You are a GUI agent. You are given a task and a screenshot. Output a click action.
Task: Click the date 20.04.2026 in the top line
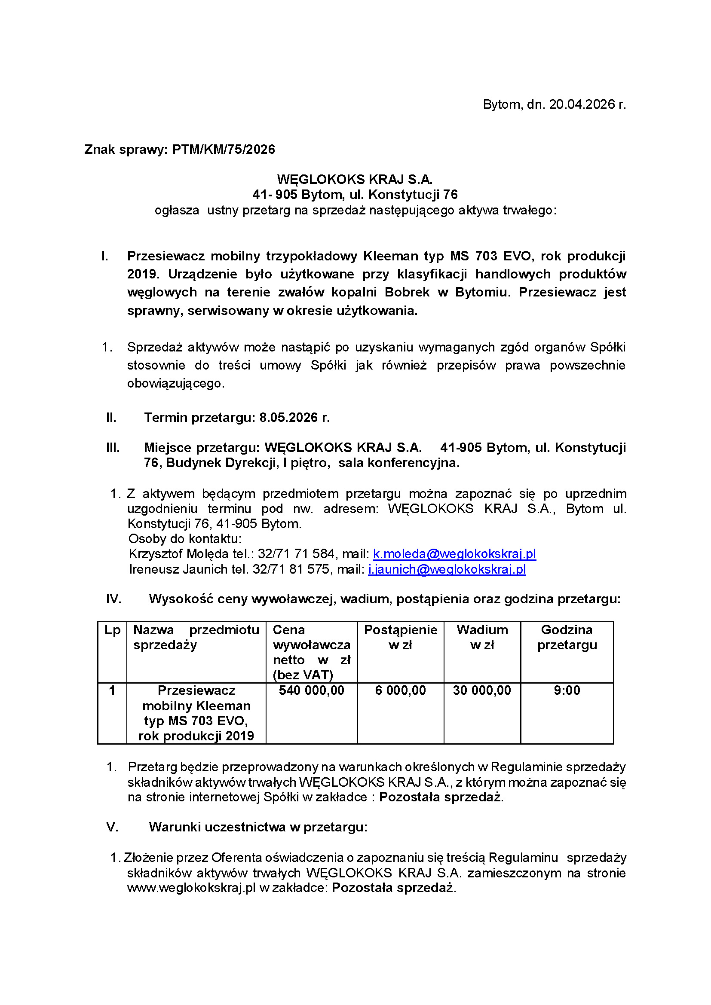[x=582, y=104]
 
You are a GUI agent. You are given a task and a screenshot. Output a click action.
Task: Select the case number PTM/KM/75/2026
[x=224, y=150]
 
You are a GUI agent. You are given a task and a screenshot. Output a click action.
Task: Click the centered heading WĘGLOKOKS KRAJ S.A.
[x=355, y=180]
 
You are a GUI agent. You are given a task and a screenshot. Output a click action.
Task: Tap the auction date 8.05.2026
[x=289, y=418]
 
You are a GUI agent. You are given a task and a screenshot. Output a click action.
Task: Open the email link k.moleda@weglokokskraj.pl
[x=454, y=554]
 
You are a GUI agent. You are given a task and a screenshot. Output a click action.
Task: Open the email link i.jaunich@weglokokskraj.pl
[x=447, y=569]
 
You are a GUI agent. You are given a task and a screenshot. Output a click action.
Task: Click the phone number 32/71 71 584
[x=296, y=554]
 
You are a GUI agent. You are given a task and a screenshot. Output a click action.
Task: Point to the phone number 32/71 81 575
[x=291, y=569]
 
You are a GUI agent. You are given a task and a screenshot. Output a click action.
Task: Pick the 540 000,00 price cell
[x=311, y=691]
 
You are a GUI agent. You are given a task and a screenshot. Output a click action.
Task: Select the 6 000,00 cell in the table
[x=400, y=691]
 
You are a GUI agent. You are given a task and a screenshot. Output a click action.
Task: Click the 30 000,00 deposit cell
[x=481, y=691]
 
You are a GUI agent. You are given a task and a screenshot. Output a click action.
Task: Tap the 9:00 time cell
[x=567, y=691]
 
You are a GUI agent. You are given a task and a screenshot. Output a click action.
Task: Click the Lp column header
[x=112, y=630]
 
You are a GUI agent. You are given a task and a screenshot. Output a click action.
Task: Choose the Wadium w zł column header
[x=482, y=637]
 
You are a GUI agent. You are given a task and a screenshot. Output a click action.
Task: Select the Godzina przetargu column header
[x=567, y=637]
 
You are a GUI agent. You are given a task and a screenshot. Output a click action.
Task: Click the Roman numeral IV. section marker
[x=113, y=599]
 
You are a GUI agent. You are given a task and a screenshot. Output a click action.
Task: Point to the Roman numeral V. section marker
[x=112, y=827]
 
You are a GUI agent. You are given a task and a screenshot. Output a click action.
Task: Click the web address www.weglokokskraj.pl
[x=191, y=888]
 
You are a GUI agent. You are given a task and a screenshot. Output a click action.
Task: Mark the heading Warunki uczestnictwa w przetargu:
[x=258, y=827]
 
